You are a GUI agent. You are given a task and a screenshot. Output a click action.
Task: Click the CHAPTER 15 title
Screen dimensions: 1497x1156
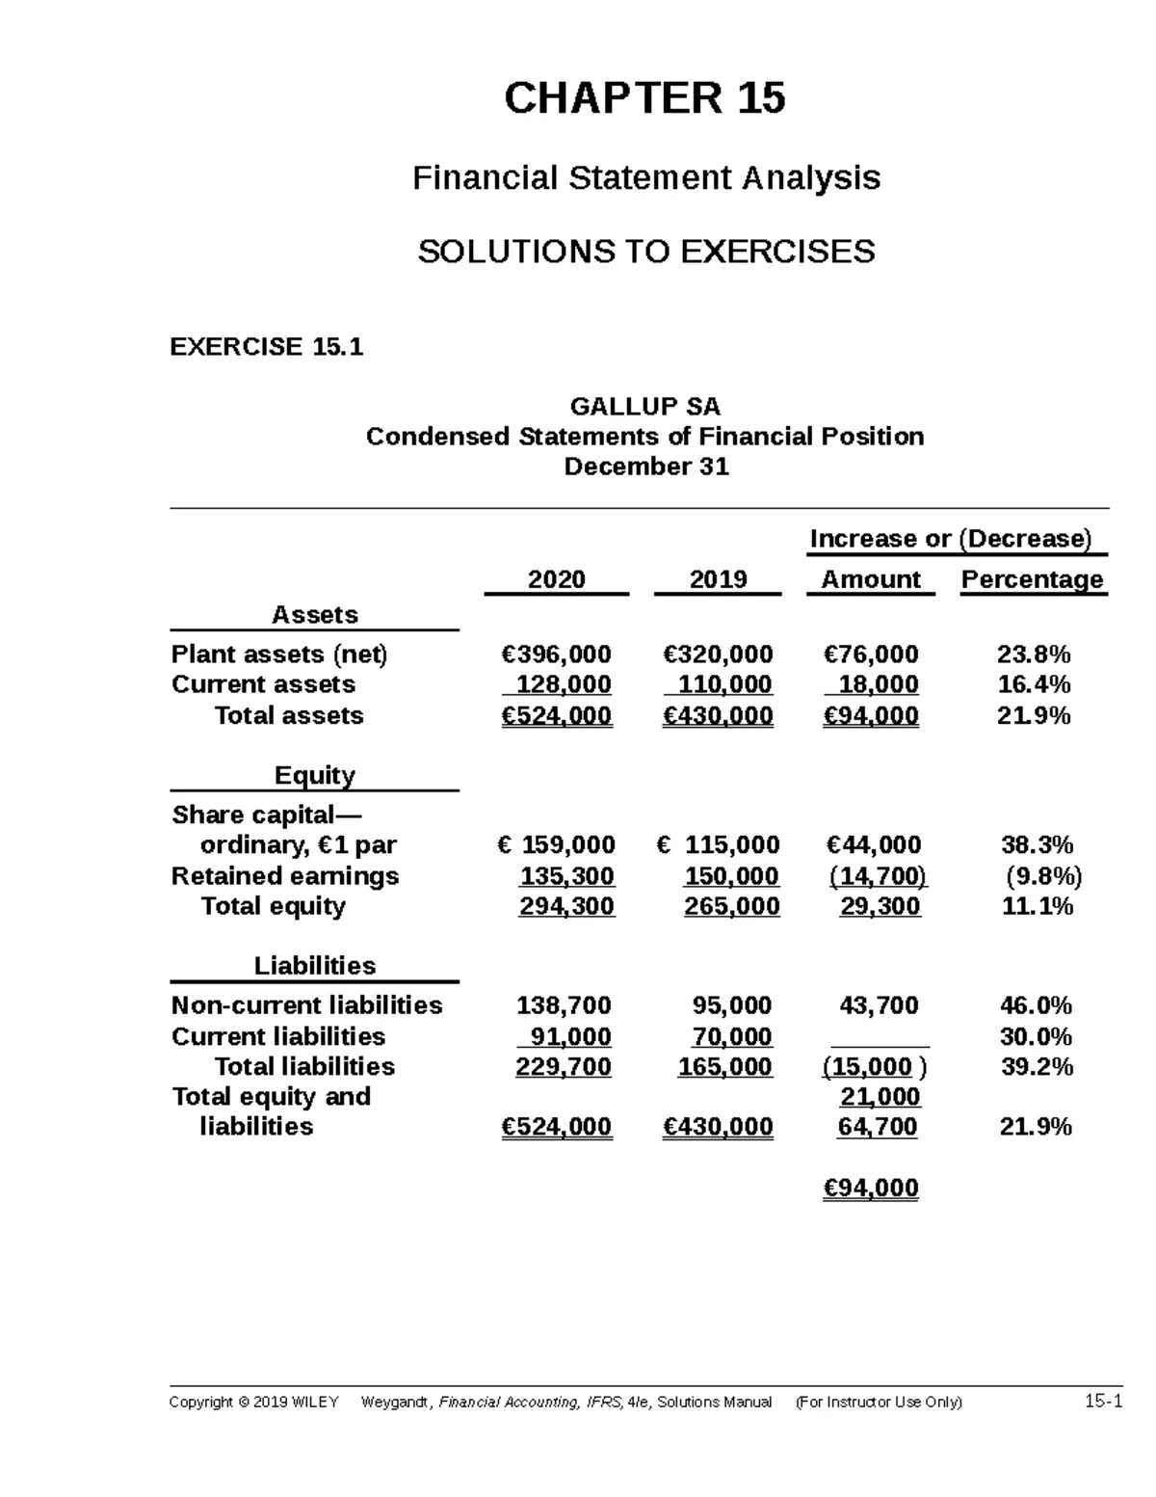click(644, 98)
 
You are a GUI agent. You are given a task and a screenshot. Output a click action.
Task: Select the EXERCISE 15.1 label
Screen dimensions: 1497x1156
click(267, 347)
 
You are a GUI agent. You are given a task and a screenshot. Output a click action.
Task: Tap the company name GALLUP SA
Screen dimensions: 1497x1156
click(644, 406)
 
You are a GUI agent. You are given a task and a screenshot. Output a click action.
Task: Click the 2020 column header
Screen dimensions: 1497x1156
click(556, 579)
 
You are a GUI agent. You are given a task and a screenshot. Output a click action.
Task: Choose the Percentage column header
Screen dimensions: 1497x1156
click(1032, 579)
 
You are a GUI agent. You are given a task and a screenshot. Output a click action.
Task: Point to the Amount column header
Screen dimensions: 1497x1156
click(870, 579)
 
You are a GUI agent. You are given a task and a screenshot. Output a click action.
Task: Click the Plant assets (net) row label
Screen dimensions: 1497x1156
click(279, 655)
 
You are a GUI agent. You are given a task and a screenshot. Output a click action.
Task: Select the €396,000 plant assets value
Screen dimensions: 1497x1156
click(556, 655)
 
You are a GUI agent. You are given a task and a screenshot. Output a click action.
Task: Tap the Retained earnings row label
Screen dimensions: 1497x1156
click(284, 876)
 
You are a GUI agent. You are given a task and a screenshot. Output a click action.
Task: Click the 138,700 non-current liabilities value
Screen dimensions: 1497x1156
click(564, 1006)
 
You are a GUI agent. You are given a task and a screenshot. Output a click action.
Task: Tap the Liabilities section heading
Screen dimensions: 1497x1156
click(315, 966)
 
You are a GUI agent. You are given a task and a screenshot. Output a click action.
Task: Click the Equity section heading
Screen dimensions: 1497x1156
click(315, 776)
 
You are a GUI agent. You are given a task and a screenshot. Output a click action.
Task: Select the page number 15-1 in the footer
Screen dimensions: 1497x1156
click(1103, 1403)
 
